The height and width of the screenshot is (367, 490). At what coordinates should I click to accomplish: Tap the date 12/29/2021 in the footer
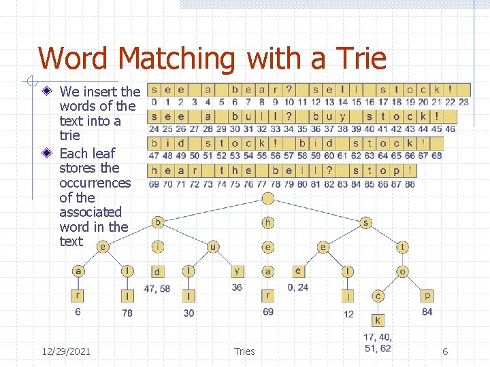click(65, 351)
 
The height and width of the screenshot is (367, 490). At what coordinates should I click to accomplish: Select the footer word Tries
click(244, 351)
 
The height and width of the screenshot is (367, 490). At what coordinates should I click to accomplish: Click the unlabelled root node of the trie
click(268, 198)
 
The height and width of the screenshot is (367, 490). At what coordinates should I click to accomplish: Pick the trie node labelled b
click(158, 222)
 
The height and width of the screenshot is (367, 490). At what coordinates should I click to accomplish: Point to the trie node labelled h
click(268, 222)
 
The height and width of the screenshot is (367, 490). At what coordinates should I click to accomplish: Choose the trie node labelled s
click(366, 222)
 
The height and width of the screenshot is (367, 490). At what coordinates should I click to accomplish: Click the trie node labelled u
click(213, 247)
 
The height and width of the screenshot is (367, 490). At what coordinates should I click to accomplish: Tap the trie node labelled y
click(237, 271)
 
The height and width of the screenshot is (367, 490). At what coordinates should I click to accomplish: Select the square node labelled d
click(157, 272)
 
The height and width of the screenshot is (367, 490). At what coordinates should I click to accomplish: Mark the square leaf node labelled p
click(427, 296)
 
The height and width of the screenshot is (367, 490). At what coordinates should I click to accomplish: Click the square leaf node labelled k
click(378, 320)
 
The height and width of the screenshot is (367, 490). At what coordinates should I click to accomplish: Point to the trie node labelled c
click(378, 296)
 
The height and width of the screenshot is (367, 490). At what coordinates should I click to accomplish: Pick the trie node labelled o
click(402, 271)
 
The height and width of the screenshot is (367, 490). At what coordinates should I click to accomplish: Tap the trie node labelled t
click(402, 247)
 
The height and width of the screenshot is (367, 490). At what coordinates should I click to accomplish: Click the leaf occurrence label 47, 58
click(157, 289)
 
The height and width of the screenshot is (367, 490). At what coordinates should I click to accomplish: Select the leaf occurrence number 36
click(237, 287)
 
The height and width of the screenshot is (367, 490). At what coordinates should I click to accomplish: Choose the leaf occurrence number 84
click(427, 312)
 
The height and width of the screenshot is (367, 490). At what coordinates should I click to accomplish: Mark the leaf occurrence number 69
click(268, 312)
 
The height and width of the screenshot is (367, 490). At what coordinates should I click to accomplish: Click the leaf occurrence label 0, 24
click(297, 287)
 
